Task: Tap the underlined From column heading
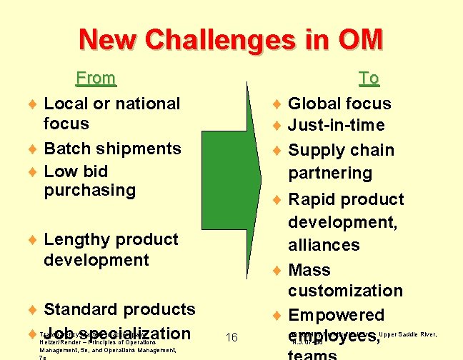pos(96,77)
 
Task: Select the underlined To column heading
pos(369,77)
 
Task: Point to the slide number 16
pos(231,338)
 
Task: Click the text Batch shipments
pos(112,149)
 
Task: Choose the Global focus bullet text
pos(339,104)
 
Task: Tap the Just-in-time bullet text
pos(336,126)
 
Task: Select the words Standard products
pos(119,309)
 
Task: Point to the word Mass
pos(309,270)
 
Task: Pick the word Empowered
pos(336,315)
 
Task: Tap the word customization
pos(345,291)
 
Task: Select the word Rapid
pos(312,199)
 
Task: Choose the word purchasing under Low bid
pos(89,190)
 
